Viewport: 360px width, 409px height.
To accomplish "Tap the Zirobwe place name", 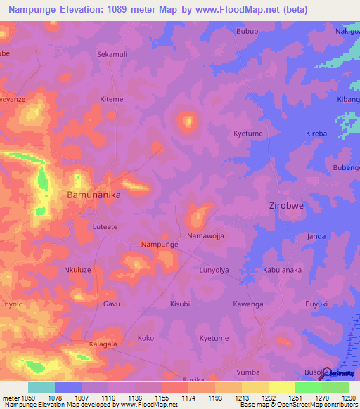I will click(290, 207).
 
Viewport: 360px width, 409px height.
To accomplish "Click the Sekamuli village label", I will click(112, 53).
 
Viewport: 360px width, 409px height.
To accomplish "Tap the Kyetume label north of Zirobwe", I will click(247, 133).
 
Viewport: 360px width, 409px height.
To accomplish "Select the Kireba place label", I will click(316, 133).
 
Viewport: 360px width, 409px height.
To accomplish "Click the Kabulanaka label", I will click(282, 270).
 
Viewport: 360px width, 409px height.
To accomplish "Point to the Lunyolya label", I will click(215, 270).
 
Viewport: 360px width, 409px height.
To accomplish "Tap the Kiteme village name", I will click(112, 99).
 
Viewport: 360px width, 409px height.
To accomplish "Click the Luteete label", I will click(106, 226).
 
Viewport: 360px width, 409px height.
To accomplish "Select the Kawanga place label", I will click(248, 304).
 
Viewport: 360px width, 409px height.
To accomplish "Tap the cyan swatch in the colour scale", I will click(41, 387).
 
